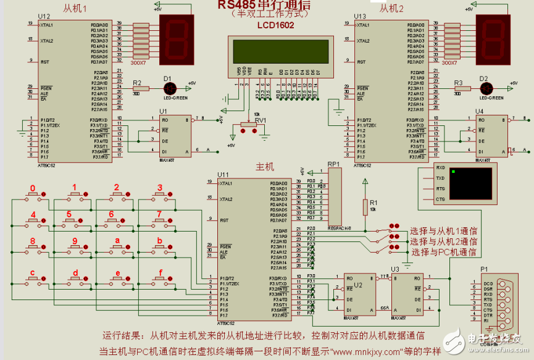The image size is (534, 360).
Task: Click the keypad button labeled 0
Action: pyautogui.click(x=33, y=195)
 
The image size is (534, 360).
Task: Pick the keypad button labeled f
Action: pyautogui.click(x=159, y=280)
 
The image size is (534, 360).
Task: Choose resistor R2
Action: pyautogui.click(x=141, y=89)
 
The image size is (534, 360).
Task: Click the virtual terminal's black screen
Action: pyautogui.click(x=471, y=183)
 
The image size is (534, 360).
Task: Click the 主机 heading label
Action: pyautogui.click(x=265, y=167)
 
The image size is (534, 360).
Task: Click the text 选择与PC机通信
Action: pyautogui.click(x=444, y=252)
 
